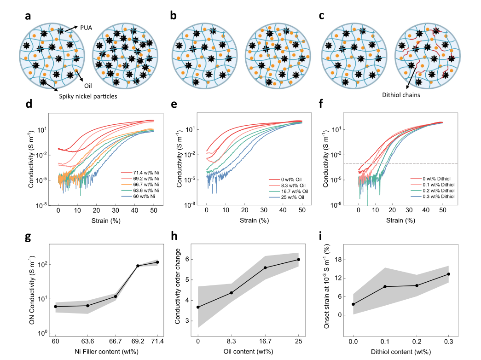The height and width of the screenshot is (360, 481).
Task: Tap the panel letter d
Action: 29,105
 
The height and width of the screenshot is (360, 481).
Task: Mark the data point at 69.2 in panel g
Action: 138,266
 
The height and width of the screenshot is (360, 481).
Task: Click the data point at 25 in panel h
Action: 299,260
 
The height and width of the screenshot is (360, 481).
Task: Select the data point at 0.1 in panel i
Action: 385,286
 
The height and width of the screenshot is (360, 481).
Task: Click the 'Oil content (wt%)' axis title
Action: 248,352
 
